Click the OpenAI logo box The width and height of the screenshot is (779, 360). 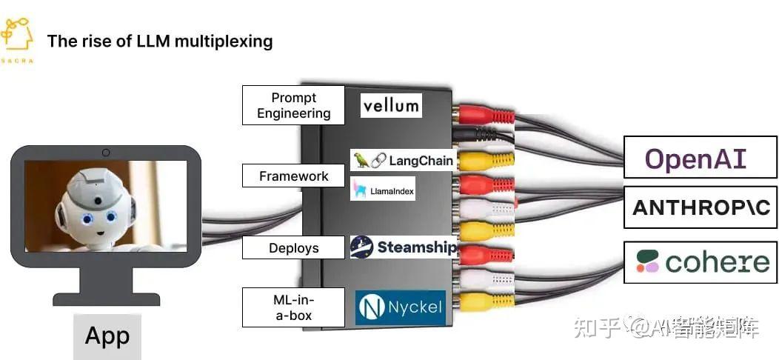700,157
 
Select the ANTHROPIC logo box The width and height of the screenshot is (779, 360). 700,207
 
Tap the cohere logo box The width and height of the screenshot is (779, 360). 700,261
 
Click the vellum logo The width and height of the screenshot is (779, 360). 391,105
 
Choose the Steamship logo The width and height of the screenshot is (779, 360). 404,247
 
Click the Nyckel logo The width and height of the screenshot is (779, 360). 401,307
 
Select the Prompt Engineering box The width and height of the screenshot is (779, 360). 293,105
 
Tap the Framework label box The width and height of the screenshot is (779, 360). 293,176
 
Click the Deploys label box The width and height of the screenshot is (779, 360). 293,248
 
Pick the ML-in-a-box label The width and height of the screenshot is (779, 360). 293,307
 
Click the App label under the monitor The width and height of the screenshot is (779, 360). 107,336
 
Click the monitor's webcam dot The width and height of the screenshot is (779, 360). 106,153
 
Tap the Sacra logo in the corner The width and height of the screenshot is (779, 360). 16,41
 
